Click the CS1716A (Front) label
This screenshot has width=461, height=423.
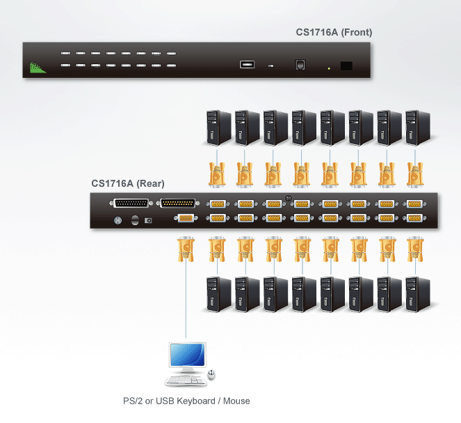click(334, 32)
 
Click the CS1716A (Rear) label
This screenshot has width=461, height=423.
click(128, 183)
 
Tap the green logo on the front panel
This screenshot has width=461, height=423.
click(38, 68)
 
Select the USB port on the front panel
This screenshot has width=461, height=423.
click(247, 64)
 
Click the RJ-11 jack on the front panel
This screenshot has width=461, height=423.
click(300, 65)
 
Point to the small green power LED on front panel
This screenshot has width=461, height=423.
click(329, 68)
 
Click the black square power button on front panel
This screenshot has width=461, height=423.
click(346, 66)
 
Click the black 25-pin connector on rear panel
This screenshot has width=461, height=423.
click(131, 203)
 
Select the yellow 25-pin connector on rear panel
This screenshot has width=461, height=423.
click(178, 203)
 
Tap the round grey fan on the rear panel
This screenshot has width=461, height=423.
click(118, 220)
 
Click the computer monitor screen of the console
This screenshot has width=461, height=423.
click(188, 355)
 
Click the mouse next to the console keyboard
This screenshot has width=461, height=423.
click(211, 374)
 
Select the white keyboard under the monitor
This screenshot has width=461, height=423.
click(186, 380)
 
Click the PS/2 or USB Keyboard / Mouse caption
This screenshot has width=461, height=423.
click(186, 401)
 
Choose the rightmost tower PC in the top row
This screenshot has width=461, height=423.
click(418, 128)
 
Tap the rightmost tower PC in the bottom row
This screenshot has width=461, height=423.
click(418, 294)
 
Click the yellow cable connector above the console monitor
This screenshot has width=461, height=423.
click(186, 249)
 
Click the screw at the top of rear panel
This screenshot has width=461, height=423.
click(288, 198)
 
